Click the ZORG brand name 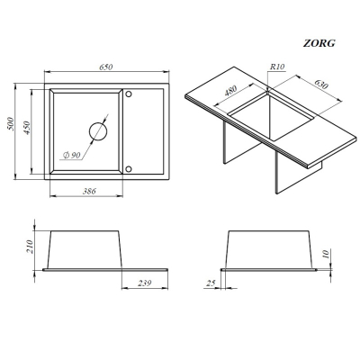pos(319,43)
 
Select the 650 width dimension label pos(106,67)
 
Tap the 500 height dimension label pos(11,123)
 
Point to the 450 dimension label pos(27,128)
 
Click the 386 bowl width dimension pos(89,191)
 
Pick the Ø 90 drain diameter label pos(72,155)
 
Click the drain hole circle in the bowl pos(98,131)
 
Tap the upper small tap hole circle pos(129,94)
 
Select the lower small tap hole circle pos(129,169)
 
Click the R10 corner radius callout pos(277,67)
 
